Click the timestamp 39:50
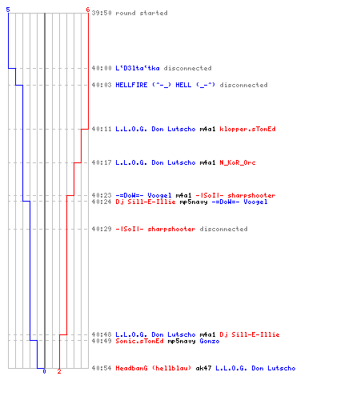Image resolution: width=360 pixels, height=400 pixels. [102, 13]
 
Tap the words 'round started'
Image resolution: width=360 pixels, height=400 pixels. [142, 13]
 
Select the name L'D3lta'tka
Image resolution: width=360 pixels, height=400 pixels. [138, 68]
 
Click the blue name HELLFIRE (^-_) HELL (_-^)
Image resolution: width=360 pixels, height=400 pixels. [165, 85]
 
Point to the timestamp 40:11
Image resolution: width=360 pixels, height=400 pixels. [102, 129]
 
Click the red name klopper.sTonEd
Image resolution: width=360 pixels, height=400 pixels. [247, 129]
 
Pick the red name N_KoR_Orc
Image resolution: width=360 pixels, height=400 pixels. [238, 162]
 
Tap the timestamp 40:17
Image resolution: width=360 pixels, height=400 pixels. [102, 162]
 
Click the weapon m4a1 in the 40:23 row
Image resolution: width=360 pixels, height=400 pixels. [183, 195]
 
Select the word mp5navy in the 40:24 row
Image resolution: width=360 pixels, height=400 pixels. [194, 202]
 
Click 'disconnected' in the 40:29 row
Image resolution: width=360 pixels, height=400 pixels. [223, 229]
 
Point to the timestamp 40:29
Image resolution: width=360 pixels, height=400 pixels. [102, 229]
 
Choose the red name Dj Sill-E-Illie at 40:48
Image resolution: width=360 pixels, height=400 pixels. [250, 334]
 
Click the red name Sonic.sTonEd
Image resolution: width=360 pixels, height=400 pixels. [139, 341]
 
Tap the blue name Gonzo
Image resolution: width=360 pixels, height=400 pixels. [210, 341]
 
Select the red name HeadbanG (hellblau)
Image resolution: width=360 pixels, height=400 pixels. [154, 368]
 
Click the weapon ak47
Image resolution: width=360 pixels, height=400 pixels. [203, 368]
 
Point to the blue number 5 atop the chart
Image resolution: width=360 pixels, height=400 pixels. [8, 10]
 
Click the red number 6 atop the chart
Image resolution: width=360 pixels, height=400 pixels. [88, 10]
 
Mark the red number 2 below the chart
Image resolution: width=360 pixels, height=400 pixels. [59, 371]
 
